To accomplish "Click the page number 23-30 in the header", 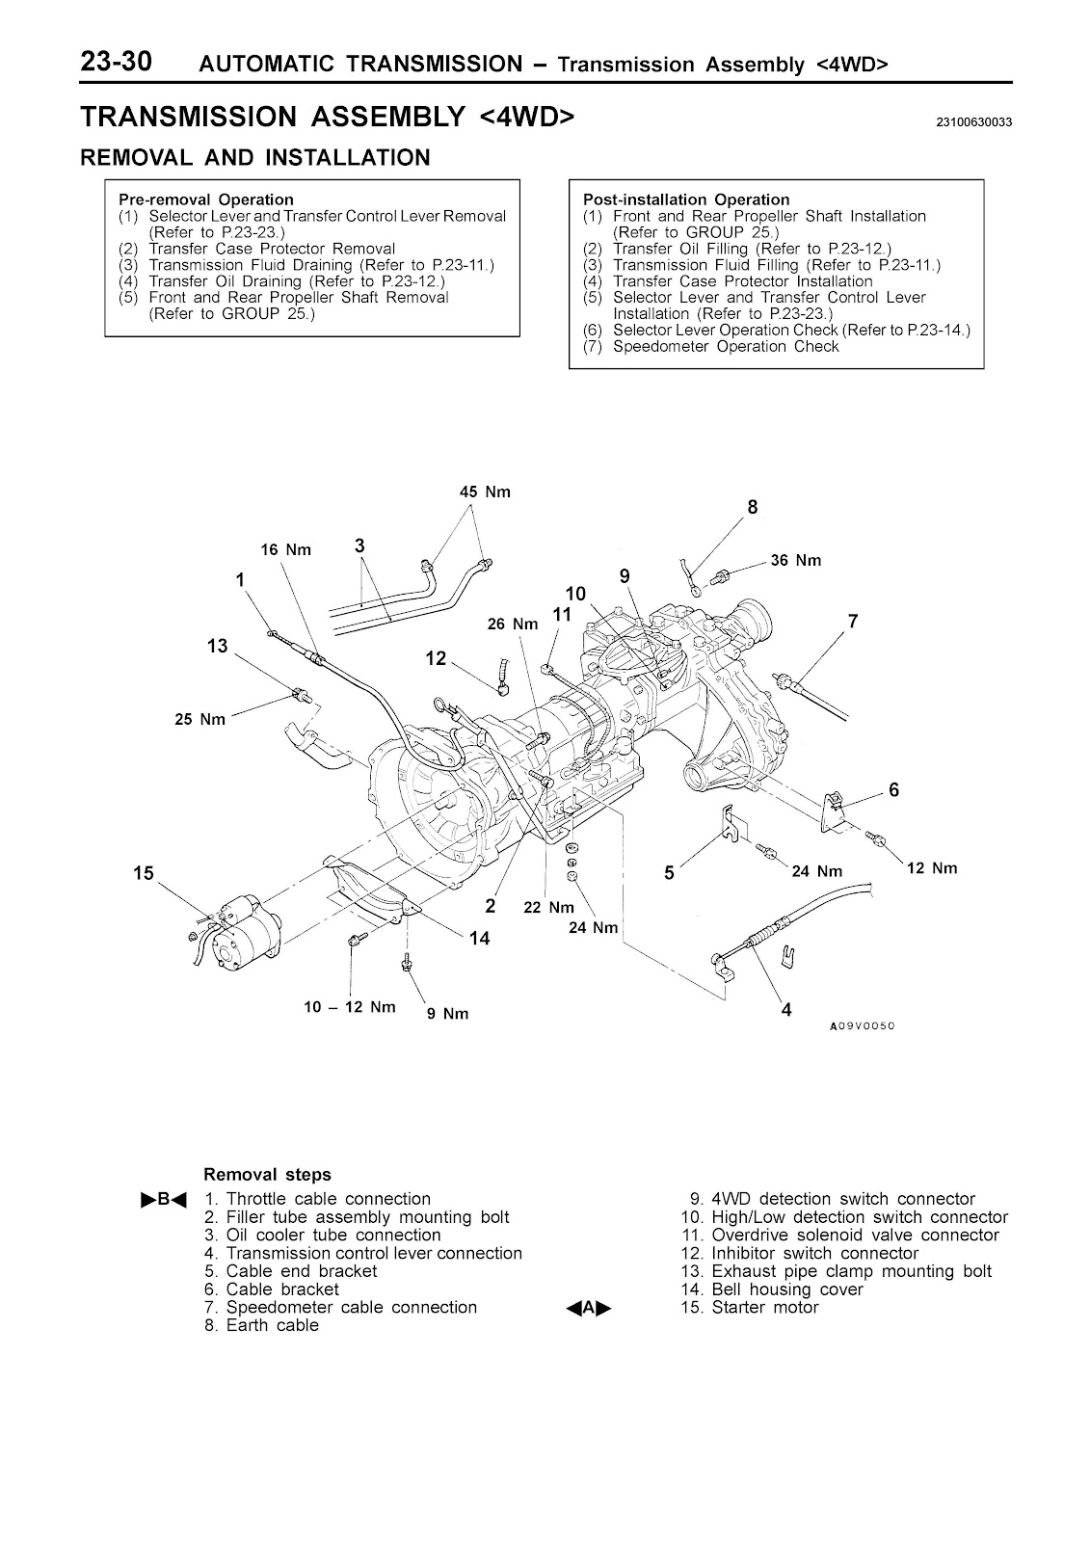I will (x=128, y=62).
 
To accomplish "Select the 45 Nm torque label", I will (x=485, y=492).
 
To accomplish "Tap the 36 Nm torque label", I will (x=795, y=561).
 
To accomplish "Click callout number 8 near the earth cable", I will (x=753, y=507).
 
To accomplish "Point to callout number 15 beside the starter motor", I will (x=144, y=873).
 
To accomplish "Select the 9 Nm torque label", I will (x=447, y=1014).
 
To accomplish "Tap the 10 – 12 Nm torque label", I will (x=350, y=1007).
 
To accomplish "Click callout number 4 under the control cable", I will (x=786, y=1010).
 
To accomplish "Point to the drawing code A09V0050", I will (x=863, y=1026).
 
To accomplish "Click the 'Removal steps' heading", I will (x=267, y=1175).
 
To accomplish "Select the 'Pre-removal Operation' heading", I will (x=205, y=200).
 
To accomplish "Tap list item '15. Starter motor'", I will (x=749, y=1308).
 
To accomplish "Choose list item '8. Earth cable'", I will (x=260, y=1325).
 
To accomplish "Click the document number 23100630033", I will (x=972, y=122).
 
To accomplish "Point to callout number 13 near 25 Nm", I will (x=217, y=646).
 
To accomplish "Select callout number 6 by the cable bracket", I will (x=893, y=790).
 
